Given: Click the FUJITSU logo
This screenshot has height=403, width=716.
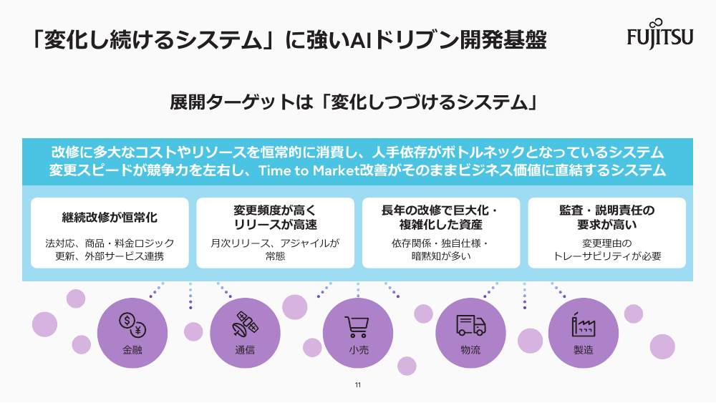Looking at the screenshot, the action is point(660,34).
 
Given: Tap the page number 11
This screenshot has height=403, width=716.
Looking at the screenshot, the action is point(358,384).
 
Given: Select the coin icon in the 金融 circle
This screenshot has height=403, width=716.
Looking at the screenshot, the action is point(132,325).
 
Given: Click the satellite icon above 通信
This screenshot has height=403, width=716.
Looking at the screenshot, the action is point(245,324).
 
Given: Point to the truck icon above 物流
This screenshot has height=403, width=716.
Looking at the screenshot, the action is point(471,325).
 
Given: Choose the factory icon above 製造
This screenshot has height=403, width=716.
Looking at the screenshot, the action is point(583,324).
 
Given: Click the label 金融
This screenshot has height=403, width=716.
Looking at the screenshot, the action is point(132,350).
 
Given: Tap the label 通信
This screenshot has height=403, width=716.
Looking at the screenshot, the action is point(245,350).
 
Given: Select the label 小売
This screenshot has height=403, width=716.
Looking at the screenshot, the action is point(359,350).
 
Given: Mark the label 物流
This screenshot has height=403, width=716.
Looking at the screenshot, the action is point(471,350).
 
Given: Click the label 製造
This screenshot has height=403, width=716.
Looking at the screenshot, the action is point(584,350).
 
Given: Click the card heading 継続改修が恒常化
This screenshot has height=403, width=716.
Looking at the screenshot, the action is point(110,217).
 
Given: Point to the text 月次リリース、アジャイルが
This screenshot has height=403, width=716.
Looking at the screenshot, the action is point(275,243).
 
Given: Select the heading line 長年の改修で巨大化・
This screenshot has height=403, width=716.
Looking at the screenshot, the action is point(440,210).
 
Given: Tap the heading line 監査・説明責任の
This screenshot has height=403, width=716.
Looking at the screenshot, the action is point(607,210).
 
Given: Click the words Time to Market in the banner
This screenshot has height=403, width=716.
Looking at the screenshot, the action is point(309,170).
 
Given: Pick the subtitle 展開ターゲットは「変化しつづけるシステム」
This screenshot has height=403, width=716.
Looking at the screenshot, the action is point(354,102).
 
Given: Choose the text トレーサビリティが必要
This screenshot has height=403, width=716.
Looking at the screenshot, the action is point(607,256).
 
